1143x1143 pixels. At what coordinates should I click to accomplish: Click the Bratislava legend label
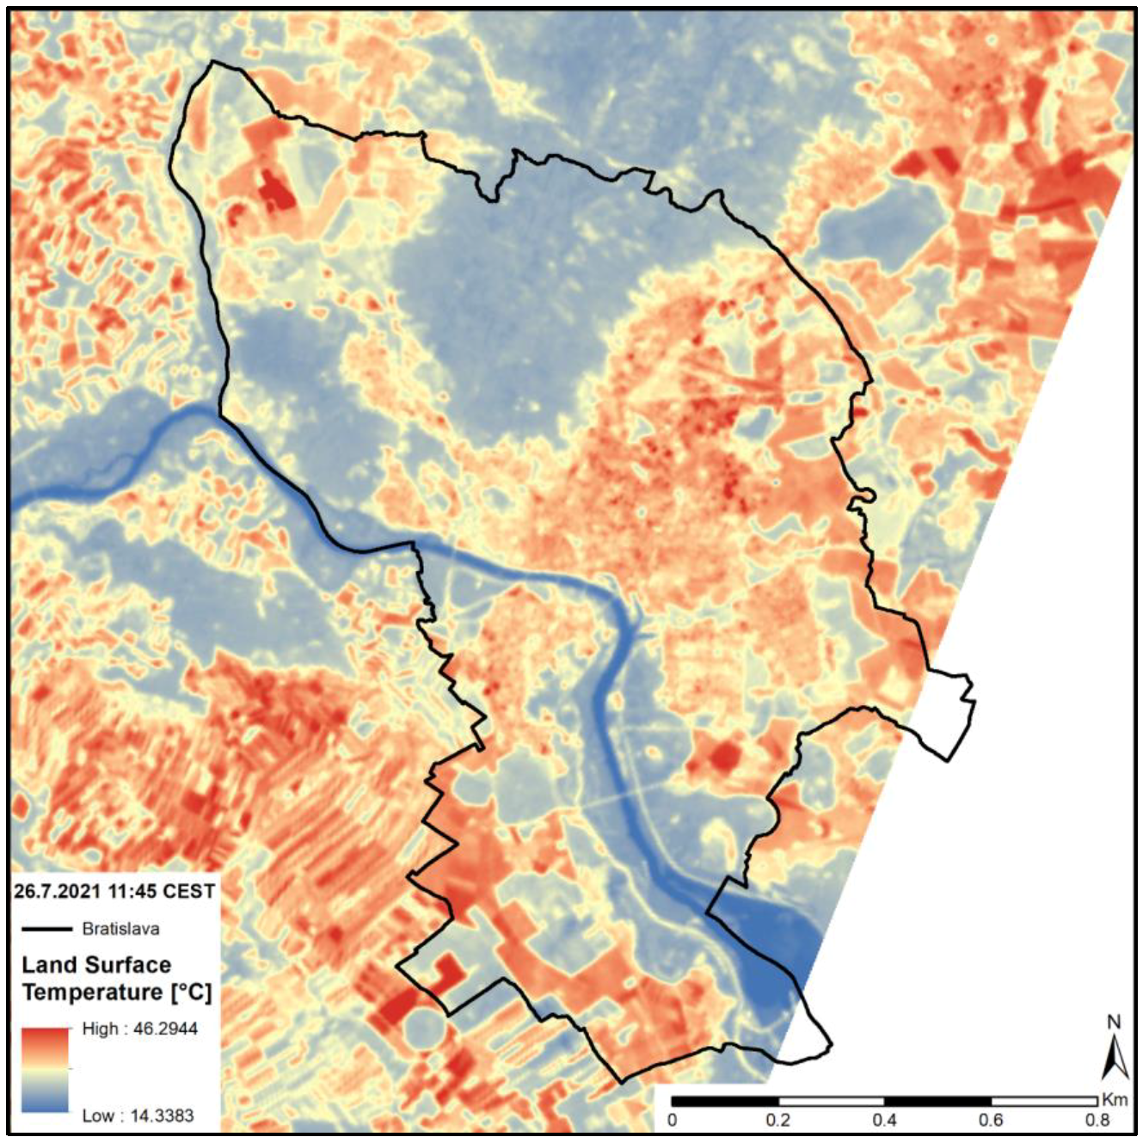click(x=120, y=929)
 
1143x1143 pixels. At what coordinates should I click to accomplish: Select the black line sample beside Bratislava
click(x=46, y=929)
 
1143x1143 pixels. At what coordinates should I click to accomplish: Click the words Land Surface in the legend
click(x=96, y=965)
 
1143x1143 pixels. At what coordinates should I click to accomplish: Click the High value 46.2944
click(x=165, y=1029)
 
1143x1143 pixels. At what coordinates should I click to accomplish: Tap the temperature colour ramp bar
click(x=44, y=1071)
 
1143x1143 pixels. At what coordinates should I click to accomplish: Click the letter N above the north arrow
click(x=1114, y=1023)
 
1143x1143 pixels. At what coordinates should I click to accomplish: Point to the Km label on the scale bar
click(x=1114, y=1100)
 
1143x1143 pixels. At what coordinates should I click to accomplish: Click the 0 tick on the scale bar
click(x=673, y=1120)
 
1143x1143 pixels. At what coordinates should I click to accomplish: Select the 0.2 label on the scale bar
click(x=778, y=1120)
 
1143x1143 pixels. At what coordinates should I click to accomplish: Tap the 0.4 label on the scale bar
click(x=884, y=1120)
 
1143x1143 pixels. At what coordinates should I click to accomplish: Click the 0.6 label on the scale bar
click(x=991, y=1120)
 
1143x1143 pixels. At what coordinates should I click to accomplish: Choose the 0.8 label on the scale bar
click(x=1097, y=1120)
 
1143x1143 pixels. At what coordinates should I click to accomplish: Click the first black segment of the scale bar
click(x=725, y=1101)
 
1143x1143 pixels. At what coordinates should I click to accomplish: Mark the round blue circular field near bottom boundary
click(x=425, y=1029)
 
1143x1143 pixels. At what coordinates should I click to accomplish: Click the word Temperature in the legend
click(x=91, y=992)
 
